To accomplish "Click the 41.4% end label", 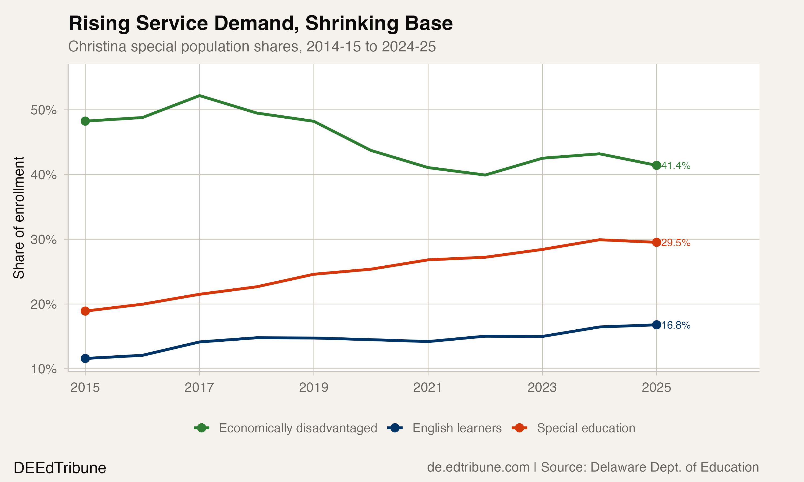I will [x=676, y=166].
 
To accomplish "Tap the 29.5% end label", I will [x=676, y=243].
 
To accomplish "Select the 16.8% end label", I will [x=676, y=325].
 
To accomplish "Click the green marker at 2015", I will [x=85, y=121].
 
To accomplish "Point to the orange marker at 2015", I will [x=85, y=311].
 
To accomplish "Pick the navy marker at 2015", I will [x=85, y=359].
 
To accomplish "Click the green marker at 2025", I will [x=656, y=165].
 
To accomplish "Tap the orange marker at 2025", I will [x=656, y=242].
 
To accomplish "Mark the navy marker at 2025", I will [x=656, y=325].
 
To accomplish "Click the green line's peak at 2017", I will [x=200, y=96].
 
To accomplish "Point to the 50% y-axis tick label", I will [x=43, y=110].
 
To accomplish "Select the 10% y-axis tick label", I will [x=43, y=369].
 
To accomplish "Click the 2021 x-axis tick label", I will [x=428, y=387].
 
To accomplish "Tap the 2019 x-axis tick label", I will [x=314, y=387].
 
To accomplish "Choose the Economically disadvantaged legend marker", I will [x=202, y=428].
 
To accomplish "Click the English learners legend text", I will [x=457, y=428].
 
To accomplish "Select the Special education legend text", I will [x=586, y=428].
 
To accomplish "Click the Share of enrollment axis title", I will [x=19, y=218].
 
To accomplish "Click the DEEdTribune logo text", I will [x=60, y=468].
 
